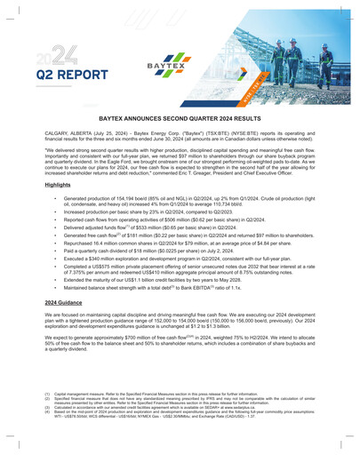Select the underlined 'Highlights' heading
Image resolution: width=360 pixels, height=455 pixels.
(59, 185)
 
